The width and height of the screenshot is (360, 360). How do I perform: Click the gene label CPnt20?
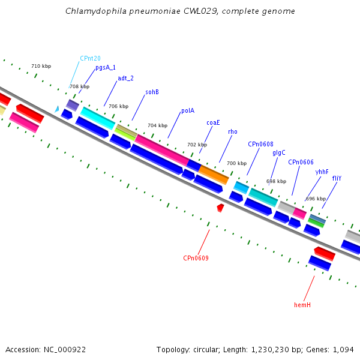click(x=90, y=59)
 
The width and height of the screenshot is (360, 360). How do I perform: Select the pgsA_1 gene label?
click(x=106, y=67)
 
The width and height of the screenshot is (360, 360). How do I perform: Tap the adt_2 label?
click(x=125, y=78)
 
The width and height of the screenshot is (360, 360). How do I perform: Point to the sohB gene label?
click(x=152, y=92)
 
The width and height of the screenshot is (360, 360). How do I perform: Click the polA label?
click(x=188, y=111)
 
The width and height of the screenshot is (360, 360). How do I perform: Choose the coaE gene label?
click(x=213, y=122)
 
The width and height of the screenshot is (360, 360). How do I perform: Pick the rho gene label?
click(x=233, y=132)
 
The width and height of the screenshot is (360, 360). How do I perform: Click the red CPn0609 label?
click(x=196, y=258)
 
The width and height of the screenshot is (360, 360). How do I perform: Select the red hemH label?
click(x=302, y=305)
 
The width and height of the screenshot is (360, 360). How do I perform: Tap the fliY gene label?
click(x=337, y=178)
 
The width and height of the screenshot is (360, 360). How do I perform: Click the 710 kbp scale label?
click(x=41, y=66)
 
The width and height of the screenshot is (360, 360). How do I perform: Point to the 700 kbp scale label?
click(x=237, y=163)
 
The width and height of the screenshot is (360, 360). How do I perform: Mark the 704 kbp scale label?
click(x=157, y=125)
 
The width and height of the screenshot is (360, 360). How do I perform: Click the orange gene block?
click(x=214, y=175)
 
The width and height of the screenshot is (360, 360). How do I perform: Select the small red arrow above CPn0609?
click(x=220, y=208)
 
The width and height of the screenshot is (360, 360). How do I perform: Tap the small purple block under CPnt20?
click(x=73, y=105)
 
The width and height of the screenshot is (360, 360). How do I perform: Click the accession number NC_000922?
click(x=65, y=350)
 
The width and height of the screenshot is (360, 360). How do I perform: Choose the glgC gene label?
click(x=279, y=153)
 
